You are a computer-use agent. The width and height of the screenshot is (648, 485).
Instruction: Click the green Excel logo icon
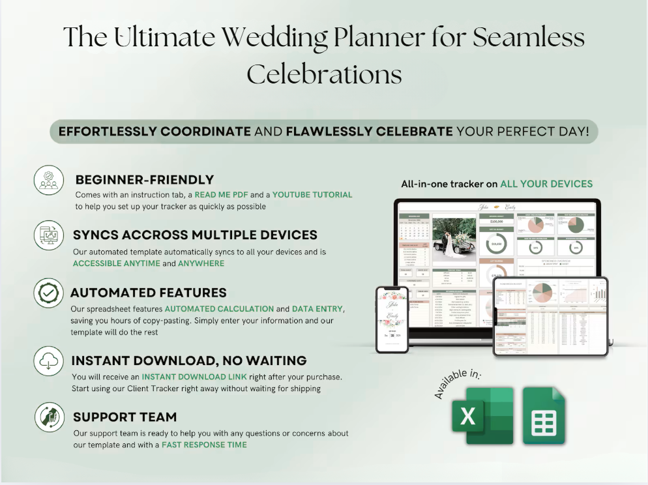click(x=482, y=418)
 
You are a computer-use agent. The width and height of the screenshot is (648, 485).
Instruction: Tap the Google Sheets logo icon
click(x=544, y=418)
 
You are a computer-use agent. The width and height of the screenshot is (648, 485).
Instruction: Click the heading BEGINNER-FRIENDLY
click(x=145, y=180)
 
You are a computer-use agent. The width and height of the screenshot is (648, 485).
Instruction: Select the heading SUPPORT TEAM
click(x=125, y=417)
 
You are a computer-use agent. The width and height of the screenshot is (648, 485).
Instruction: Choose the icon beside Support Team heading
click(x=49, y=417)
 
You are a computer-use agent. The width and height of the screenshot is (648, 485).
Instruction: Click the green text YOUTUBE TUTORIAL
click(x=312, y=194)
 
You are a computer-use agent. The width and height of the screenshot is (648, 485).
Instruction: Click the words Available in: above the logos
click(x=462, y=384)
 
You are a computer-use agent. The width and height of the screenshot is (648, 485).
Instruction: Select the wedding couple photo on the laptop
click(x=454, y=237)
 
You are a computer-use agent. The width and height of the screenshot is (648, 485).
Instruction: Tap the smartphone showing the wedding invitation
click(x=392, y=319)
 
